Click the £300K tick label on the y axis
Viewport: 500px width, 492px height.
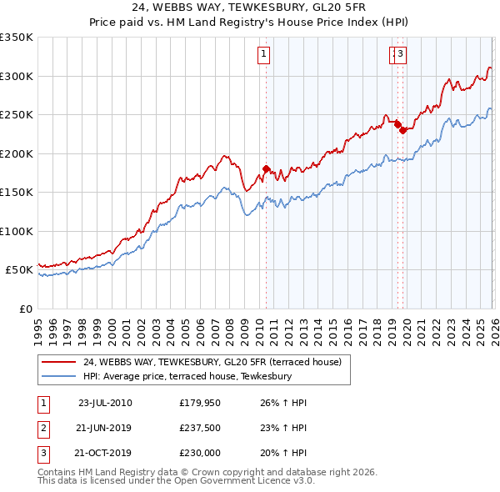pyautogui.click(x=17, y=76)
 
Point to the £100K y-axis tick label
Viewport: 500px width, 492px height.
pyautogui.click(x=17, y=231)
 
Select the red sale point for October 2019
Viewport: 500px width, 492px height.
pyautogui.click(x=402, y=130)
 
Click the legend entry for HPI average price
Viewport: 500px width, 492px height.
pyautogui.click(x=187, y=376)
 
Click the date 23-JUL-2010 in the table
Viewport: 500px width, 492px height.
pyautogui.click(x=105, y=403)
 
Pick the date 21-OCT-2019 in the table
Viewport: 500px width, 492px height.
pyautogui.click(x=104, y=454)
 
